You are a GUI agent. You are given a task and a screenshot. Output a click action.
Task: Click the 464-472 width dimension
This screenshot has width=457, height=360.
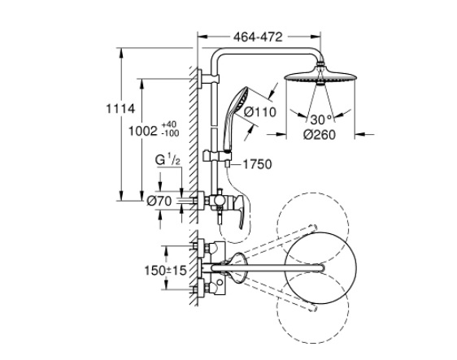coord(258,37)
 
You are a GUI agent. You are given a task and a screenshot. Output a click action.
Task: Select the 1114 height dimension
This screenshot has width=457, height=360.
coord(120,109)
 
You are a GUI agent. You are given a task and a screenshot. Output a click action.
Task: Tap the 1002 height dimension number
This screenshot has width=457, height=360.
coord(143,131)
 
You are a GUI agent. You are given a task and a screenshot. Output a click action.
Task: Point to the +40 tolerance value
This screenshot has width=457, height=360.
coord(170,124)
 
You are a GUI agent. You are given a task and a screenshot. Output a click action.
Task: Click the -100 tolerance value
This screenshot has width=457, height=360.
coord(170,133)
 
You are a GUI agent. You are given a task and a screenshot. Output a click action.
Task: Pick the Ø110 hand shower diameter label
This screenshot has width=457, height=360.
coord(259,112)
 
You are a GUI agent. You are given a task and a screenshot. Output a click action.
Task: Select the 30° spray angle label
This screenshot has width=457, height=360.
coord(321,119)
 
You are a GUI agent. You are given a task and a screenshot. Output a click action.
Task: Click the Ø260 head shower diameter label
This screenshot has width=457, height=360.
coord(320,135)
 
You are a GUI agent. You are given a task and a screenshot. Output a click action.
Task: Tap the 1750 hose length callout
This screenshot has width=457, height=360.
coord(257,165)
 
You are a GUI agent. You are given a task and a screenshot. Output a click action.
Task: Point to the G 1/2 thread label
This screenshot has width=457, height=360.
coord(167,160)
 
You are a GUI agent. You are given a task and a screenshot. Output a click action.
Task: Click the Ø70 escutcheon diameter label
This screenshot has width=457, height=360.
coord(159,201)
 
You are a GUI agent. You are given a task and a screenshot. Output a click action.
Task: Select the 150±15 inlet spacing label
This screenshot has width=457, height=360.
coord(165,271)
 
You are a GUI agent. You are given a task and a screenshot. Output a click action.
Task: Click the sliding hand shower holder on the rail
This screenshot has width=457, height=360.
coord(217,156)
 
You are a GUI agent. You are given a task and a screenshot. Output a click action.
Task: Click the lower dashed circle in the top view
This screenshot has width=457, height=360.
coord(312,308)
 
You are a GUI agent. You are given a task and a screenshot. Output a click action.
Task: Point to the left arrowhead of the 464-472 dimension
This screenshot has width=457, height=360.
coord(202,37)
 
